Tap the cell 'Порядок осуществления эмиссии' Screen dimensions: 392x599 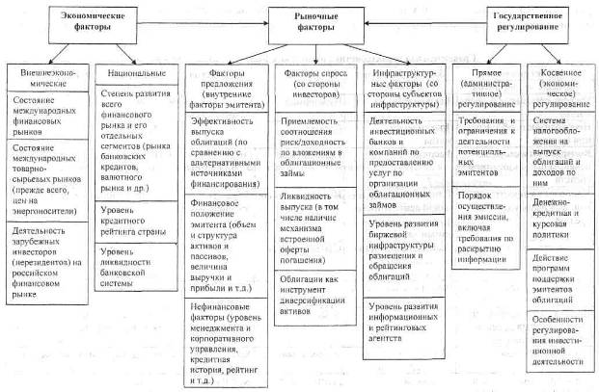coord(489,197)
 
